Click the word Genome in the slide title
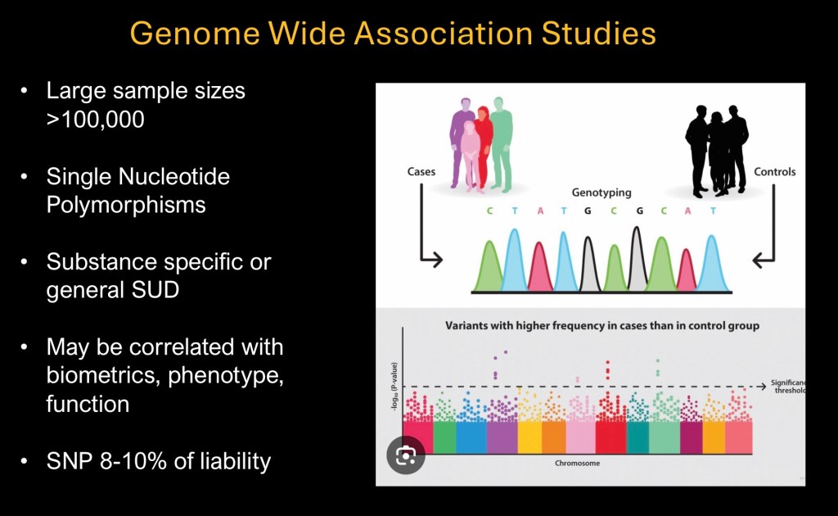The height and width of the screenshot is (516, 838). click(195, 34)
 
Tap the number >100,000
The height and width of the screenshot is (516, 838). click(95, 120)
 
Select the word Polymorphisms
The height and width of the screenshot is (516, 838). click(126, 206)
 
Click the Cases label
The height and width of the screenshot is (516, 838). click(421, 172)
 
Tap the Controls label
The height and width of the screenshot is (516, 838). click(774, 172)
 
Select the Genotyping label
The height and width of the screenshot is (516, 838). click(601, 192)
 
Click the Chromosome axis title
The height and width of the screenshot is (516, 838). click(577, 463)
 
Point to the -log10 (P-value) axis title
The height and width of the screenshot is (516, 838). click(394, 387)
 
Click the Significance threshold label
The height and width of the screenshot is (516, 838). click(788, 387)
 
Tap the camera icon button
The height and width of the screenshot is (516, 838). click(406, 455)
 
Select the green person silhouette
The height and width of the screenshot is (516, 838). click(502, 144)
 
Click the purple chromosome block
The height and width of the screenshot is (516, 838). click(502, 437)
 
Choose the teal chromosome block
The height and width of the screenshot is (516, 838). click(638, 437)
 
